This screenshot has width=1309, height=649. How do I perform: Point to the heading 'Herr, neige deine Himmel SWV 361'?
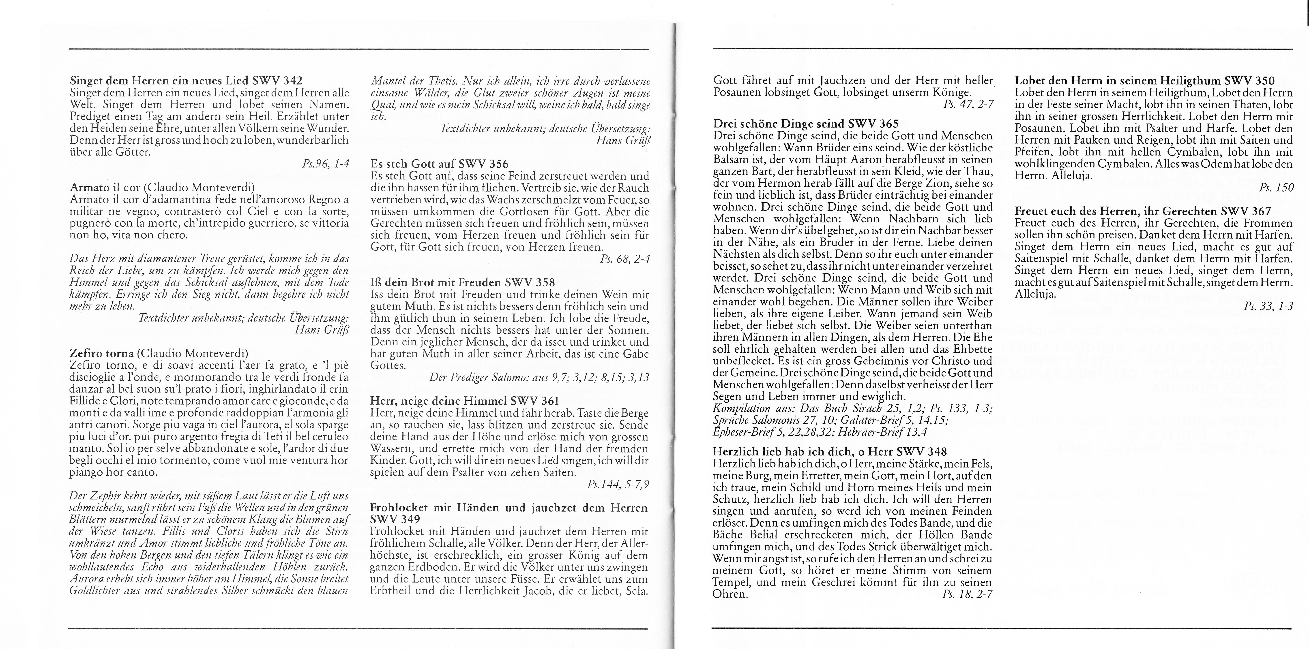[x=464, y=401]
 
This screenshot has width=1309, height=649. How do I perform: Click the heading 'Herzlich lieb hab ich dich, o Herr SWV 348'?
[x=830, y=451]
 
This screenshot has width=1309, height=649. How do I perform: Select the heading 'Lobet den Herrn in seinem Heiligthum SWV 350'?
[x=1144, y=81]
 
